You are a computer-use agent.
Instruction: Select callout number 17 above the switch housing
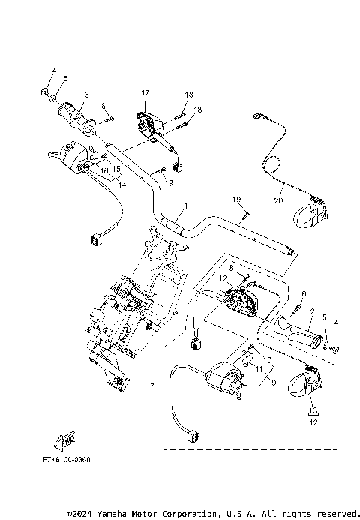(x=145, y=92)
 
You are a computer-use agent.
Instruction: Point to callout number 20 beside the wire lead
(x=278, y=200)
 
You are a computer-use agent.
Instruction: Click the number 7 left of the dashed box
(x=152, y=386)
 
